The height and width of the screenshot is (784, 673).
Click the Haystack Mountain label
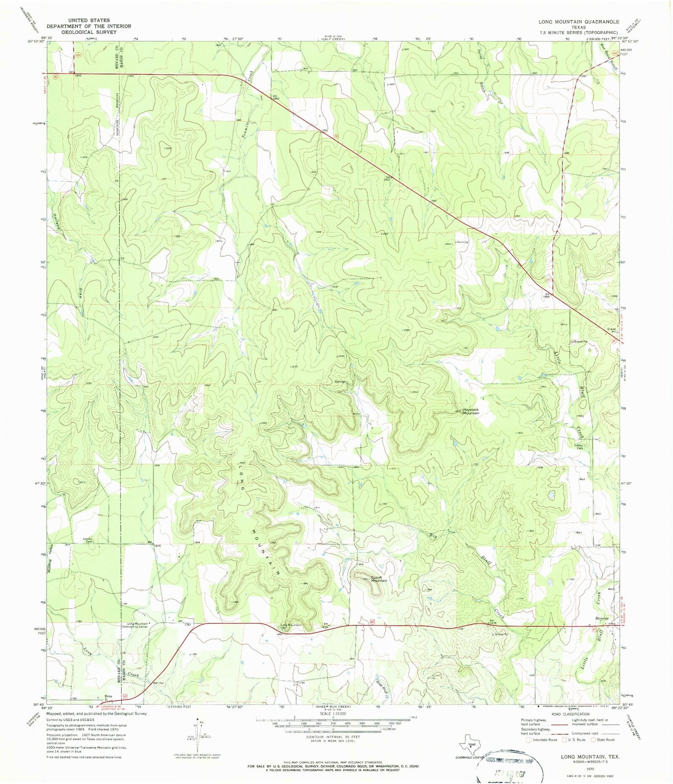(x=470, y=411)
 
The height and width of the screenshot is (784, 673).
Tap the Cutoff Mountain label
(x=378, y=579)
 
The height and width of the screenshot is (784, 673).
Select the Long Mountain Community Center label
(x=135, y=625)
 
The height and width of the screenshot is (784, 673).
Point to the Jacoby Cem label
(x=88, y=540)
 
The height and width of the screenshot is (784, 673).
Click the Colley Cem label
(x=580, y=446)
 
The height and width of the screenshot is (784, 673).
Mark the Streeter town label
(x=602, y=618)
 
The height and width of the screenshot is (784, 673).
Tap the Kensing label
(x=462, y=242)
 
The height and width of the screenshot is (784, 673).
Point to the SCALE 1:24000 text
(x=333, y=714)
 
